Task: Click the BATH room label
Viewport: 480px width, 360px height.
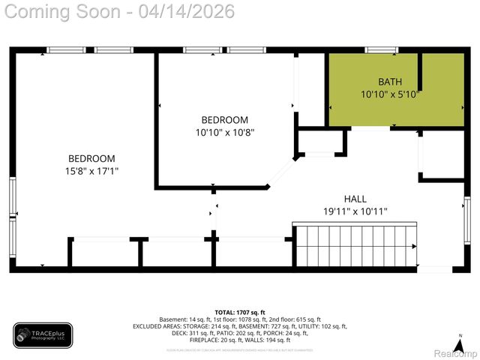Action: click(389, 81)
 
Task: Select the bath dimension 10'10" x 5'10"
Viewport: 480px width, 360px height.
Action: click(389, 94)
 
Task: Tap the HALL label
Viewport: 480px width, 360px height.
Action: click(355, 199)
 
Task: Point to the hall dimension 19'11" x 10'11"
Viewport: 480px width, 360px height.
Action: click(355, 211)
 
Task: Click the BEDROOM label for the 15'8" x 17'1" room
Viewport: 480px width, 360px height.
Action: click(91, 158)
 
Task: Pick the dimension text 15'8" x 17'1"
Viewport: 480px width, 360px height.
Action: click(91, 171)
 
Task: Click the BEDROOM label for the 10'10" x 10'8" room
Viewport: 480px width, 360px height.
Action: click(224, 120)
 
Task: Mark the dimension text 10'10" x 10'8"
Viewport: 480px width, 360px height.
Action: click(224, 132)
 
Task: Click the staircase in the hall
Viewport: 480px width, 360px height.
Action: click(352, 246)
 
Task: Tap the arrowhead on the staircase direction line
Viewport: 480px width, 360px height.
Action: click(414, 246)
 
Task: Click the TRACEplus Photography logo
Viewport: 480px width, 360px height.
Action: click(43, 335)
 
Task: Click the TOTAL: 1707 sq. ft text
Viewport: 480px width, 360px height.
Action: click(239, 312)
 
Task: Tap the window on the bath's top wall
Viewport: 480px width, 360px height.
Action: click(381, 50)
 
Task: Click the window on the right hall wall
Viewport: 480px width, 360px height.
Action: click(466, 217)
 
